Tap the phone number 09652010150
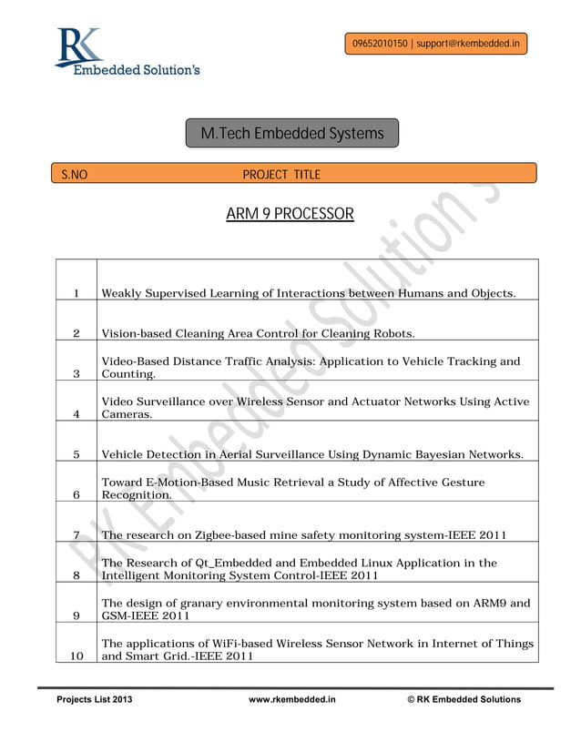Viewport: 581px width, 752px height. point(380,43)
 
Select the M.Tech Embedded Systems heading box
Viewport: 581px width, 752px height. point(292,134)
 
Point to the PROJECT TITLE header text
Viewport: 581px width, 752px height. point(281,174)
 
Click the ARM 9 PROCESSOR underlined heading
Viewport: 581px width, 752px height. point(290,215)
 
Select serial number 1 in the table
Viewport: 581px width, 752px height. point(77,293)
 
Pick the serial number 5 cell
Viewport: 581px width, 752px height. point(77,454)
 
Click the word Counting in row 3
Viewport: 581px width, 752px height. point(128,374)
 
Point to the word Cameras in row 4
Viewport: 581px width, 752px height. point(127,414)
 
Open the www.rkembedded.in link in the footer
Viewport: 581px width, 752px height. point(292,699)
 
